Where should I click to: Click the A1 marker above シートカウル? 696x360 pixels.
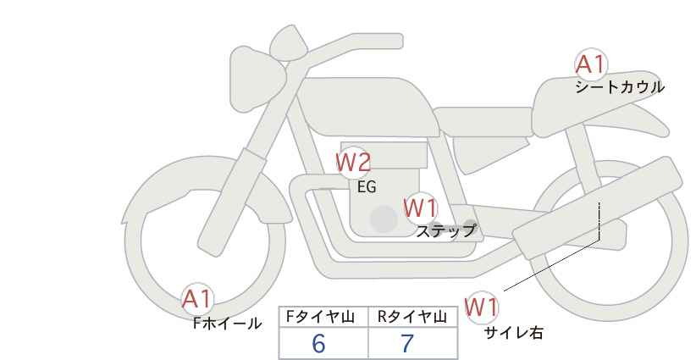tap(590, 65)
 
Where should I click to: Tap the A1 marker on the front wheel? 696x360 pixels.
tap(197, 299)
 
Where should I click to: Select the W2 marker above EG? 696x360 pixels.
tap(353, 163)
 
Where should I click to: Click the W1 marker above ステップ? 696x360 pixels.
tap(421, 208)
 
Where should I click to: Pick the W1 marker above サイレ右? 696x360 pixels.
tap(481, 307)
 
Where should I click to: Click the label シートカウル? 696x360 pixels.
tap(620, 86)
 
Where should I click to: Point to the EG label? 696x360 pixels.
tap(367, 187)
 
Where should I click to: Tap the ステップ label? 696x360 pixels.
tap(445, 231)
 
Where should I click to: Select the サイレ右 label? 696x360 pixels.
tap(514, 333)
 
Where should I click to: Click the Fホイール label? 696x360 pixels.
tap(227, 324)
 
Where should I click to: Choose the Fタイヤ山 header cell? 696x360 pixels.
tap(323, 317)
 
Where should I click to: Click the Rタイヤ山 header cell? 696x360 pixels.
tap(413, 317)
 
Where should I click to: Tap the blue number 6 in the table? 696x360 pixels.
tap(318, 343)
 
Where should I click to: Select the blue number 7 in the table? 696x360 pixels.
tap(407, 343)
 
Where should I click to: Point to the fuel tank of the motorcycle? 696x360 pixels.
tap(368, 107)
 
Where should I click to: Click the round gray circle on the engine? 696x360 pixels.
tap(384, 219)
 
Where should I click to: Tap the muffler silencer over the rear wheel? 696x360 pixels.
tap(597, 208)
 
